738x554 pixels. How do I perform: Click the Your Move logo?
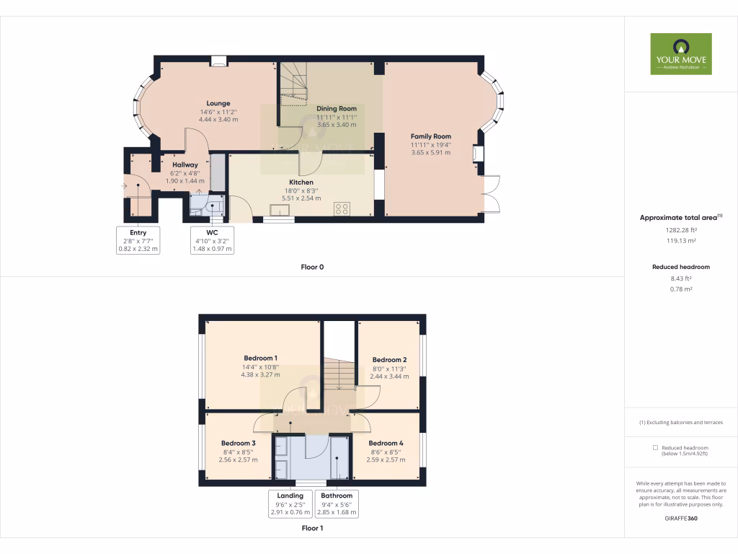click(x=681, y=53)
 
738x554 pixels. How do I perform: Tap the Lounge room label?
click(x=218, y=103)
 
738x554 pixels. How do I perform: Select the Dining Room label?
click(x=337, y=109)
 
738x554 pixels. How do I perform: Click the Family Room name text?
click(x=430, y=136)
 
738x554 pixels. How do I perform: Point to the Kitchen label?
click(x=301, y=183)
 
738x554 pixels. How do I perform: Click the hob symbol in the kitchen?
click(x=342, y=209)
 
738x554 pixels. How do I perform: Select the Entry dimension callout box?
click(x=138, y=240)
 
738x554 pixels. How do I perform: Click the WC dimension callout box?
click(x=212, y=240)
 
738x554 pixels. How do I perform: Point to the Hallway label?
click(x=184, y=165)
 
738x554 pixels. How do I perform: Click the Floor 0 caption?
click(x=312, y=267)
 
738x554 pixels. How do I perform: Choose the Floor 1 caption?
click(x=312, y=528)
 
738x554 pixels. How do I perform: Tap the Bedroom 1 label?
click(x=260, y=359)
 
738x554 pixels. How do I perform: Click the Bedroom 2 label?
click(x=390, y=360)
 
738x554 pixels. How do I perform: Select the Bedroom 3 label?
click(x=239, y=443)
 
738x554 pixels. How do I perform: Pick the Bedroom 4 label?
click(x=386, y=443)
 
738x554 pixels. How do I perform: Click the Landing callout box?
click(x=290, y=504)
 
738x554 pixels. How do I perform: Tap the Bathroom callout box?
click(x=337, y=504)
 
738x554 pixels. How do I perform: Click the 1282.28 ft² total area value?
click(x=681, y=230)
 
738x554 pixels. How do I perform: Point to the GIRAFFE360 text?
click(x=681, y=518)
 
